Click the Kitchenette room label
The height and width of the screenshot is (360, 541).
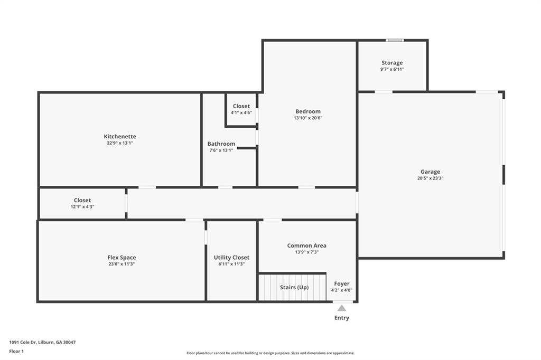tap(120, 136)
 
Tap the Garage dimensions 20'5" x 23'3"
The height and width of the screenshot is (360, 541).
tap(430, 178)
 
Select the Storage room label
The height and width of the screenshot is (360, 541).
tap(392, 63)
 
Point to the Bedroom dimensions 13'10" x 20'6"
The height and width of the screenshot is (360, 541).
tap(308, 118)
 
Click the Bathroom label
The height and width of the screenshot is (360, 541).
tap(221, 144)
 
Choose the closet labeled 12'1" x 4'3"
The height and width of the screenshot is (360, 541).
tap(82, 203)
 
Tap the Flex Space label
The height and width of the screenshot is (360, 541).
tap(122, 258)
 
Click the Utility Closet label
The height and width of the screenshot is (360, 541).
tap(231, 258)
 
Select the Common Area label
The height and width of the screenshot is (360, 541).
tap(306, 245)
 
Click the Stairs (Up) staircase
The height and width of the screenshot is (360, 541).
tap(294, 288)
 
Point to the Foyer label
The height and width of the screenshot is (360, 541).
tap(342, 284)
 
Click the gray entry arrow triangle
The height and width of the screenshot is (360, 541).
tap(342, 308)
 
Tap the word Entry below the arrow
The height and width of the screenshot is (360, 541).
tap(342, 318)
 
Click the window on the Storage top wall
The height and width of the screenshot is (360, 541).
tap(394, 40)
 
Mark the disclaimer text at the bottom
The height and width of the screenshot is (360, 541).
tap(270, 353)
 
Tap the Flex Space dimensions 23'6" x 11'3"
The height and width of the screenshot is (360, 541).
tap(122, 264)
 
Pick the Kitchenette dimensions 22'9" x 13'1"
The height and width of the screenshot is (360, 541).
tap(120, 143)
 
